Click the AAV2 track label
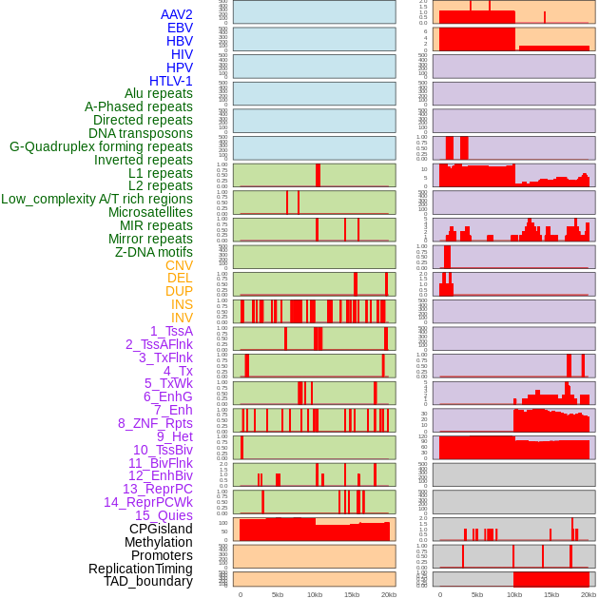pos(176,14)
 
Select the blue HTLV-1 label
pos(170,81)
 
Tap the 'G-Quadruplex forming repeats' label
pos(101,146)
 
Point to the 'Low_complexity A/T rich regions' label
pos(97,199)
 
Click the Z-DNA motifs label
pos(154,252)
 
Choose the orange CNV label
pos(179,265)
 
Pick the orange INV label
pos(182,318)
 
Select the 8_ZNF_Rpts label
pos(155,423)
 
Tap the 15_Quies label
pos(164,515)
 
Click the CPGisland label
pos(161,529)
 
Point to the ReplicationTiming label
pos(141,569)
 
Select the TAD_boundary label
pos(148,581)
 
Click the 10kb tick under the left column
pos(315,594)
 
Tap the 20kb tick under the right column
pos(589,594)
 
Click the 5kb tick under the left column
pos(278,594)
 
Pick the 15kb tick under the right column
pos(551,594)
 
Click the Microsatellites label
pos(150,212)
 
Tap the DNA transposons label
pos(141,133)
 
